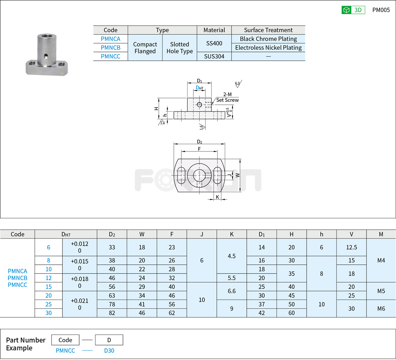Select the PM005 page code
click(381, 10)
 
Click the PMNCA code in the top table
click(110, 39)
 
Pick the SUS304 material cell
click(214, 56)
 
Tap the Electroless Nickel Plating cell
click(268, 48)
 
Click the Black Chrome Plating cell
click(268, 39)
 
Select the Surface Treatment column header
click(268, 30)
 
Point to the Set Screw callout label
click(227, 100)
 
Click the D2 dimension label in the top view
click(199, 141)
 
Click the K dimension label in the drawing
click(217, 197)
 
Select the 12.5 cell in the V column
click(351, 247)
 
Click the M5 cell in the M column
click(381, 291)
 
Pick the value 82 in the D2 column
click(112, 312)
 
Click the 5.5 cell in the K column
click(232, 278)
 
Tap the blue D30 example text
click(109, 350)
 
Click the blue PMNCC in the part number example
click(65, 350)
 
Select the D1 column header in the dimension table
click(261, 234)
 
